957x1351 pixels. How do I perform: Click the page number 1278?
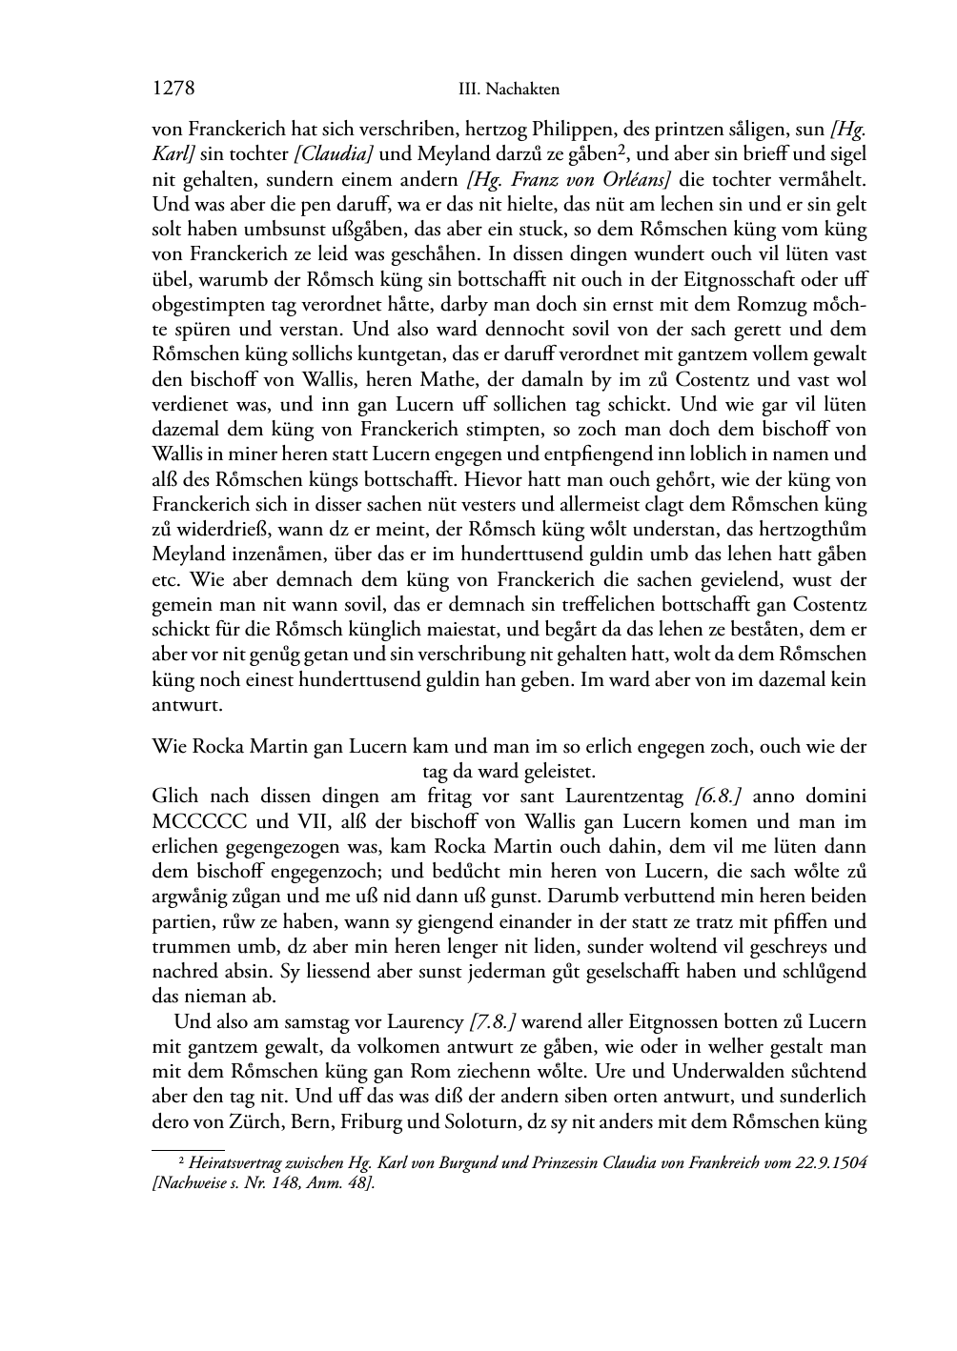(x=173, y=89)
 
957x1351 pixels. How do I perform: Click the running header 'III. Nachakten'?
(x=508, y=90)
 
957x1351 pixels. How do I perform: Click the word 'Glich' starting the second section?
(x=173, y=796)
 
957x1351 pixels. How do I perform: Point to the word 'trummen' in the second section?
(x=186, y=947)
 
